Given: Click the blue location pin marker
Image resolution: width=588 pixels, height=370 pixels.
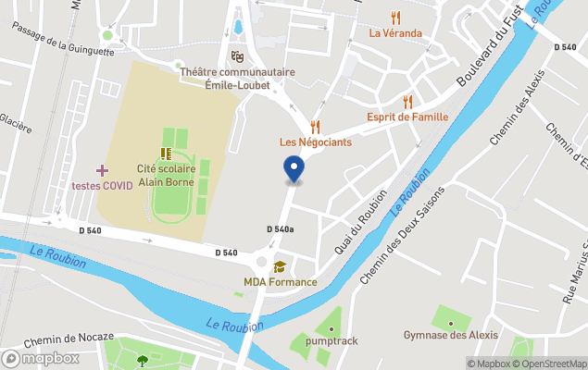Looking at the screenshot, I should (293, 169).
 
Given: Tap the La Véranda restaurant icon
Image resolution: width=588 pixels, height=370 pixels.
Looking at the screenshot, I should (395, 17).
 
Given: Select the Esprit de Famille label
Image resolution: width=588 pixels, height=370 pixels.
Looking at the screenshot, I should (407, 117).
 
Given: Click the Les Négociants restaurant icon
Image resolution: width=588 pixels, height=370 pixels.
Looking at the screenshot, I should (315, 126).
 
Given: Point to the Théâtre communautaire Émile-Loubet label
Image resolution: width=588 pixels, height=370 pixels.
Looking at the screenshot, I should (237, 77).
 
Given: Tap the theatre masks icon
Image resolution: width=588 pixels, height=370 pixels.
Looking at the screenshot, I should (237, 56).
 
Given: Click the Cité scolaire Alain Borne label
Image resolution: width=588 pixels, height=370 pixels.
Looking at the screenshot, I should (166, 176).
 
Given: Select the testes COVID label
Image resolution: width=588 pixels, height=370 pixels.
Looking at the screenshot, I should (102, 185).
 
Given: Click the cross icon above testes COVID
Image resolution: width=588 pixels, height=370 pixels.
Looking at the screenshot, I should (102, 170).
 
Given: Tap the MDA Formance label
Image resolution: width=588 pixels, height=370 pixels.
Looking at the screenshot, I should (280, 282).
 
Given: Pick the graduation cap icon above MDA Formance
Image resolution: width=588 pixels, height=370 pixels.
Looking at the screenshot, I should (280, 267).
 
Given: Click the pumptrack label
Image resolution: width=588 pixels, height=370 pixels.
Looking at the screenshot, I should (332, 341).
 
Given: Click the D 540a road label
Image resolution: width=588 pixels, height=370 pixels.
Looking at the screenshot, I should (280, 229).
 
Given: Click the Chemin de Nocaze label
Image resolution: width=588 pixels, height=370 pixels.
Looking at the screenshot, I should (69, 338).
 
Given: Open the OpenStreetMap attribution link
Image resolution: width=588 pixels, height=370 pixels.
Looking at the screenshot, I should (553, 363).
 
